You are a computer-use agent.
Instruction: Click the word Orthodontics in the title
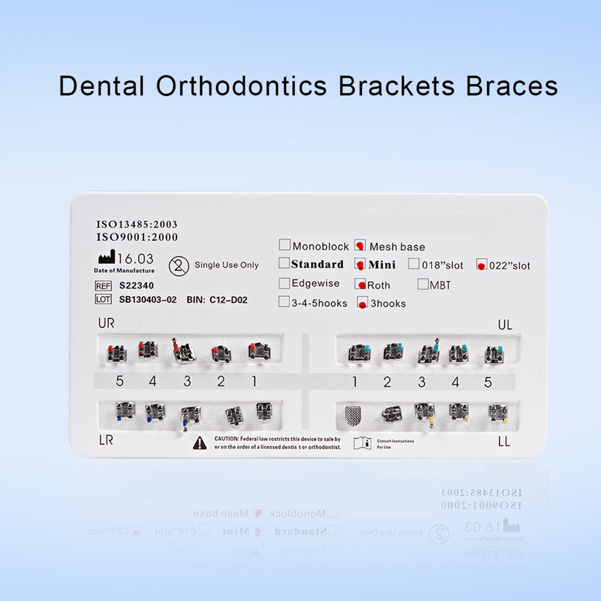click(x=241, y=87)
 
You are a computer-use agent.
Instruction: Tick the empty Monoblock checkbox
click(x=285, y=245)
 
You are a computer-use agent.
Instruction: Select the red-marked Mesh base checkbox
click(x=360, y=246)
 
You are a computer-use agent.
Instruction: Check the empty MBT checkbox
click(x=423, y=284)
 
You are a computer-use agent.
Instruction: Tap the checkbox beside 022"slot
click(x=481, y=265)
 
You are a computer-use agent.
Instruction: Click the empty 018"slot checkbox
click(x=414, y=264)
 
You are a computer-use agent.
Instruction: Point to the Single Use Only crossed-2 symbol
click(x=179, y=266)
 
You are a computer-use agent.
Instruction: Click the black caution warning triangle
click(x=200, y=443)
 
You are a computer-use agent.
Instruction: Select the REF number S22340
click(x=136, y=286)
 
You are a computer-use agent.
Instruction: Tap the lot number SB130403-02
click(x=148, y=300)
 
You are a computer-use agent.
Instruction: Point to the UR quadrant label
click(x=106, y=323)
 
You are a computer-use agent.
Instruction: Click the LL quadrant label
click(x=504, y=442)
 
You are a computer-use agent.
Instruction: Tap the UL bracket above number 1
click(x=360, y=353)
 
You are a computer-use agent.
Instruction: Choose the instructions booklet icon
click(x=363, y=443)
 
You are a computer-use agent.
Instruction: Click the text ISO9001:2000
click(x=137, y=237)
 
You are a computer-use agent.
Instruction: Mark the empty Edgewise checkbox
click(x=284, y=283)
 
